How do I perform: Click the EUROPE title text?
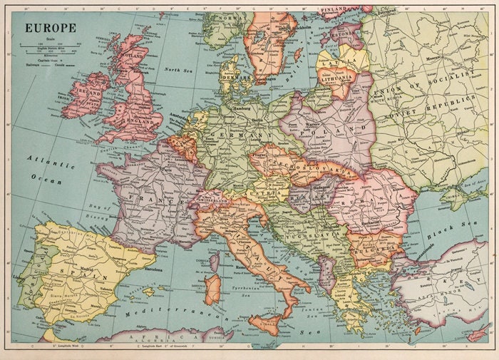pyautogui.click(x=52, y=28)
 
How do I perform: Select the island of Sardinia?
pyautogui.click(x=212, y=289)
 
